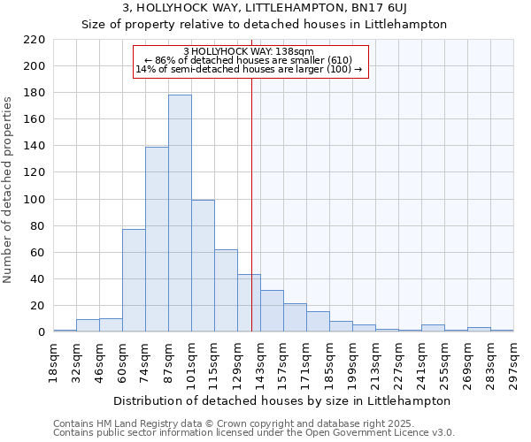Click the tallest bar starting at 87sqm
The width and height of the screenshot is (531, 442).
pyautogui.click(x=180, y=213)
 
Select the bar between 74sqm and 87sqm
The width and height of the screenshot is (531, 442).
pyautogui.click(x=157, y=240)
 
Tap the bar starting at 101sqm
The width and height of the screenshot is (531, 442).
pyautogui.click(x=203, y=266)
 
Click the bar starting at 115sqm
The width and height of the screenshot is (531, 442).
pyautogui.click(x=226, y=291)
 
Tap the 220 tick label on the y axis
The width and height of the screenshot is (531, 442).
pyautogui.click(x=35, y=40)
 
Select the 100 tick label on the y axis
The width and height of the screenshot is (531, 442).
pyautogui.click(x=35, y=200)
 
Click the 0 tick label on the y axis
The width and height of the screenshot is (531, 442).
pyautogui.click(x=41, y=332)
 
